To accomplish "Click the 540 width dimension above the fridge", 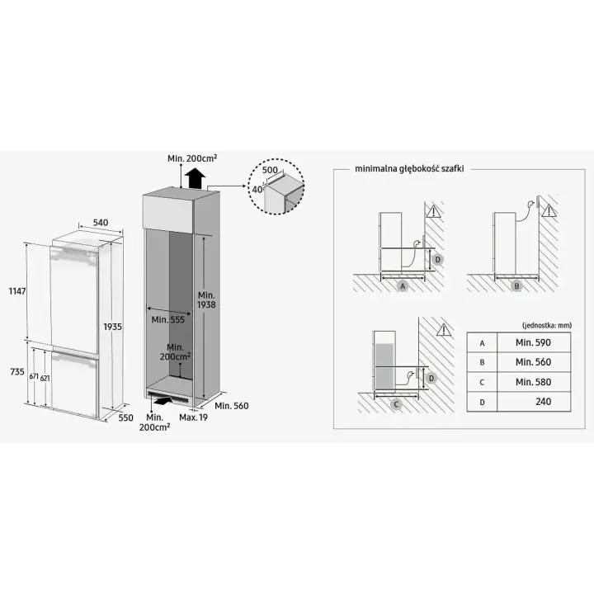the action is pyautogui.click(x=101, y=223).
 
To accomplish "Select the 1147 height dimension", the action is pyautogui.click(x=17, y=291).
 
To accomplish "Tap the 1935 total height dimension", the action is pyautogui.click(x=112, y=327).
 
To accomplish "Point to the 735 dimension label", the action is pyautogui.click(x=17, y=371).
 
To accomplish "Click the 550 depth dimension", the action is pyautogui.click(x=125, y=417).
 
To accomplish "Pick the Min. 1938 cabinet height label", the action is pyautogui.click(x=206, y=299).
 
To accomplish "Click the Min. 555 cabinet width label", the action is pyautogui.click(x=167, y=320).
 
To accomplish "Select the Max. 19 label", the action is pyautogui.click(x=194, y=417).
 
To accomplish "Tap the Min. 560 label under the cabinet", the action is pyautogui.click(x=232, y=406).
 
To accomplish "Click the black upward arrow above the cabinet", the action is pyautogui.click(x=195, y=178).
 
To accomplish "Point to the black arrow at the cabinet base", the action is pyautogui.click(x=165, y=400).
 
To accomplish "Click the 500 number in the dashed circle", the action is pyautogui.click(x=270, y=170).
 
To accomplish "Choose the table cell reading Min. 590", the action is pyautogui.click(x=533, y=342).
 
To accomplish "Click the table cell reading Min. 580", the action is pyautogui.click(x=533, y=382).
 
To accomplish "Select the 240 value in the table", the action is pyautogui.click(x=543, y=402).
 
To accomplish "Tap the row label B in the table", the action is pyautogui.click(x=482, y=362).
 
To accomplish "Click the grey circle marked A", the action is pyautogui.click(x=403, y=286).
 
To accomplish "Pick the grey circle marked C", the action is pyautogui.click(x=396, y=404).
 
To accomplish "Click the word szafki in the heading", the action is pyautogui.click(x=450, y=168).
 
